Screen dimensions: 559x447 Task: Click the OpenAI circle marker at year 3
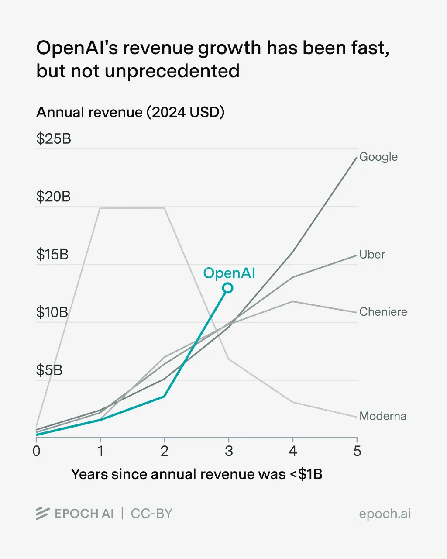coord(227,288)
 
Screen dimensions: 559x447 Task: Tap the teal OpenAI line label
coord(229,273)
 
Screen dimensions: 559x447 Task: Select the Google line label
coord(378,157)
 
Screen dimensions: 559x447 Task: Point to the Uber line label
coord(372,255)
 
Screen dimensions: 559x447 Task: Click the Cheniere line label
coord(383,312)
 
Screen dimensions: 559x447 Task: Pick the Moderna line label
coord(382,416)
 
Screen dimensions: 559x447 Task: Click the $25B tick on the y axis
coord(53,139)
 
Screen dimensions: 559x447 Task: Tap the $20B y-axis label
coord(53,197)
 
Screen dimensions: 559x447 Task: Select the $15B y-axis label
coord(52,254)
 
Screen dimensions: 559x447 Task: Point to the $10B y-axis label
coord(52,312)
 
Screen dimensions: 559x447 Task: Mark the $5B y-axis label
coord(49,370)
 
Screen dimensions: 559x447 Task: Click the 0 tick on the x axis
coord(36,451)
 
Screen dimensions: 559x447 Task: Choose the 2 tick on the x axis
coord(165,451)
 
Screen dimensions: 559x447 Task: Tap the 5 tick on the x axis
coord(357,451)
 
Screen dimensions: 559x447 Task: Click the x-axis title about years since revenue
coord(196,474)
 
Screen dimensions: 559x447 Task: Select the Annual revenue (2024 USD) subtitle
coord(130,112)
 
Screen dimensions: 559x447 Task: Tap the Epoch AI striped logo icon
coord(42,514)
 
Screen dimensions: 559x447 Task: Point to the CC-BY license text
coord(151,514)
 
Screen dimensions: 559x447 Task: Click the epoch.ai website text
coord(385,514)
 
